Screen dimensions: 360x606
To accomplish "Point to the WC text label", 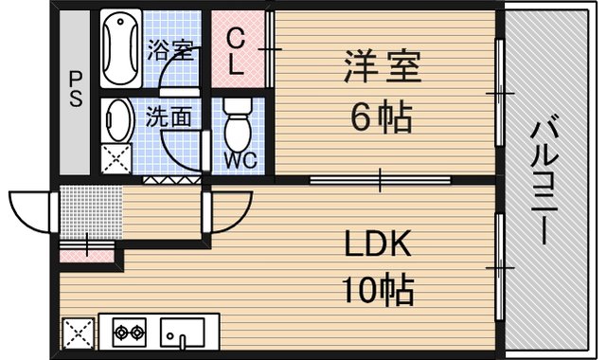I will pos(241,160).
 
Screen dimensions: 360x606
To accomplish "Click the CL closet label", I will pos(238,53).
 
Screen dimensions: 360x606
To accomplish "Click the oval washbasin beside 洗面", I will pos(119,120).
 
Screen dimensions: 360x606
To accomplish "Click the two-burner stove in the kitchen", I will pos(129,333).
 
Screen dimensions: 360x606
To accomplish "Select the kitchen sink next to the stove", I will pos(183,333).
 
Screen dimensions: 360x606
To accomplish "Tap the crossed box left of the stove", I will pos(78,333).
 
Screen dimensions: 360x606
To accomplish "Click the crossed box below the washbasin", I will pos(117,158).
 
